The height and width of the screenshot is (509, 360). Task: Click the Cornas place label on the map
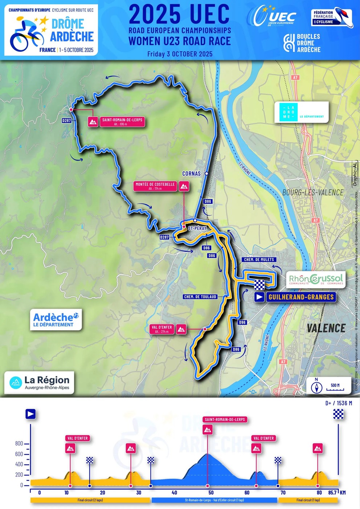coord(191,174)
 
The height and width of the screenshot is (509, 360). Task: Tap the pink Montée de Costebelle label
coord(155,186)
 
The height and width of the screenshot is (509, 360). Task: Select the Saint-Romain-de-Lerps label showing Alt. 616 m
coord(122,122)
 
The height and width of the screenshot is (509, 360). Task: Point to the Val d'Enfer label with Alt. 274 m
coord(161,329)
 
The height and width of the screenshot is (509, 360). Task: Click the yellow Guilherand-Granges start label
coord(301,297)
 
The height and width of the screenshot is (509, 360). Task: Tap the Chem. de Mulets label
coord(259,260)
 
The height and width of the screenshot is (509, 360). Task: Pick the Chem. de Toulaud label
coord(200,297)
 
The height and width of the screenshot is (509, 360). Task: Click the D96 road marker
coord(242,322)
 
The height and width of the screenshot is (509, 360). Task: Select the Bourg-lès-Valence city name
coord(312,192)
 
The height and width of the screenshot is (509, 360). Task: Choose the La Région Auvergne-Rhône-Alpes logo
coord(39,382)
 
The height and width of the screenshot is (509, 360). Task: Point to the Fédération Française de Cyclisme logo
coord(332,17)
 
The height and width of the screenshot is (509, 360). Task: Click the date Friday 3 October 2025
coord(180,54)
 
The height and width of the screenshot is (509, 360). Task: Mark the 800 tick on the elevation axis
coord(19,444)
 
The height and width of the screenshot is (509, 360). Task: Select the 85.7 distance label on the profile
coord(332,493)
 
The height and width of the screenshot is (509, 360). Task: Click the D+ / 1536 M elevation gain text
coord(338,403)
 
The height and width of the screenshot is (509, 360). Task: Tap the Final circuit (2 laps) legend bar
coord(90,500)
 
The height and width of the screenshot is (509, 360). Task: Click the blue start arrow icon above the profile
coord(30,414)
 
